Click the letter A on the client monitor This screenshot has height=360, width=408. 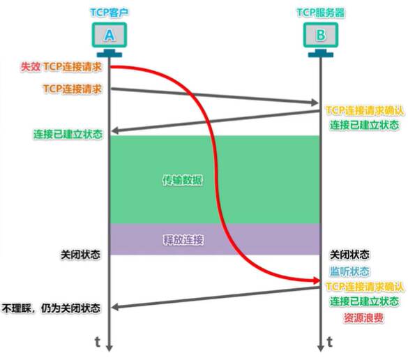coord(109,35)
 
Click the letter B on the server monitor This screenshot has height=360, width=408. coord(321,35)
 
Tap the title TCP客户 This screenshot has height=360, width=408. coord(109,13)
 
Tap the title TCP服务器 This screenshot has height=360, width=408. coord(321,13)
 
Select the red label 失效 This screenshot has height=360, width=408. coord(31,67)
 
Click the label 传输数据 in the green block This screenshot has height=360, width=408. coord(182,180)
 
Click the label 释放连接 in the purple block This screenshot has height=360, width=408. coord(183,240)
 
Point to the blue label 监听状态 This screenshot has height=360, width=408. coord(349,271)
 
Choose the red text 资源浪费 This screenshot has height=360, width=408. coord(363,318)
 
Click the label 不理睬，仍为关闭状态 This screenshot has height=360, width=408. coord(51,308)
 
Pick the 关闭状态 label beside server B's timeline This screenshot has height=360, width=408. coord(349,255)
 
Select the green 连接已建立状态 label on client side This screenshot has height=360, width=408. coord(68,135)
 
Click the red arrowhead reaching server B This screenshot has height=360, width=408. coord(317,280)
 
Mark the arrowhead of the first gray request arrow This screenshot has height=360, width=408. coord(315,103)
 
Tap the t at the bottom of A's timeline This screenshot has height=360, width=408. coord(98,342)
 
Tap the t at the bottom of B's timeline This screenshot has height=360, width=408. coord(330,342)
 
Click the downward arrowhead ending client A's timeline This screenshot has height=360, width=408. coord(109,348)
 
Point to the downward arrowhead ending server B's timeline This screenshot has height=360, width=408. coord(321,348)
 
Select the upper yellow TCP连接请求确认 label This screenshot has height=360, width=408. coord(365,110)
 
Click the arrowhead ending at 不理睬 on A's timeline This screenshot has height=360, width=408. coord(115,308)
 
